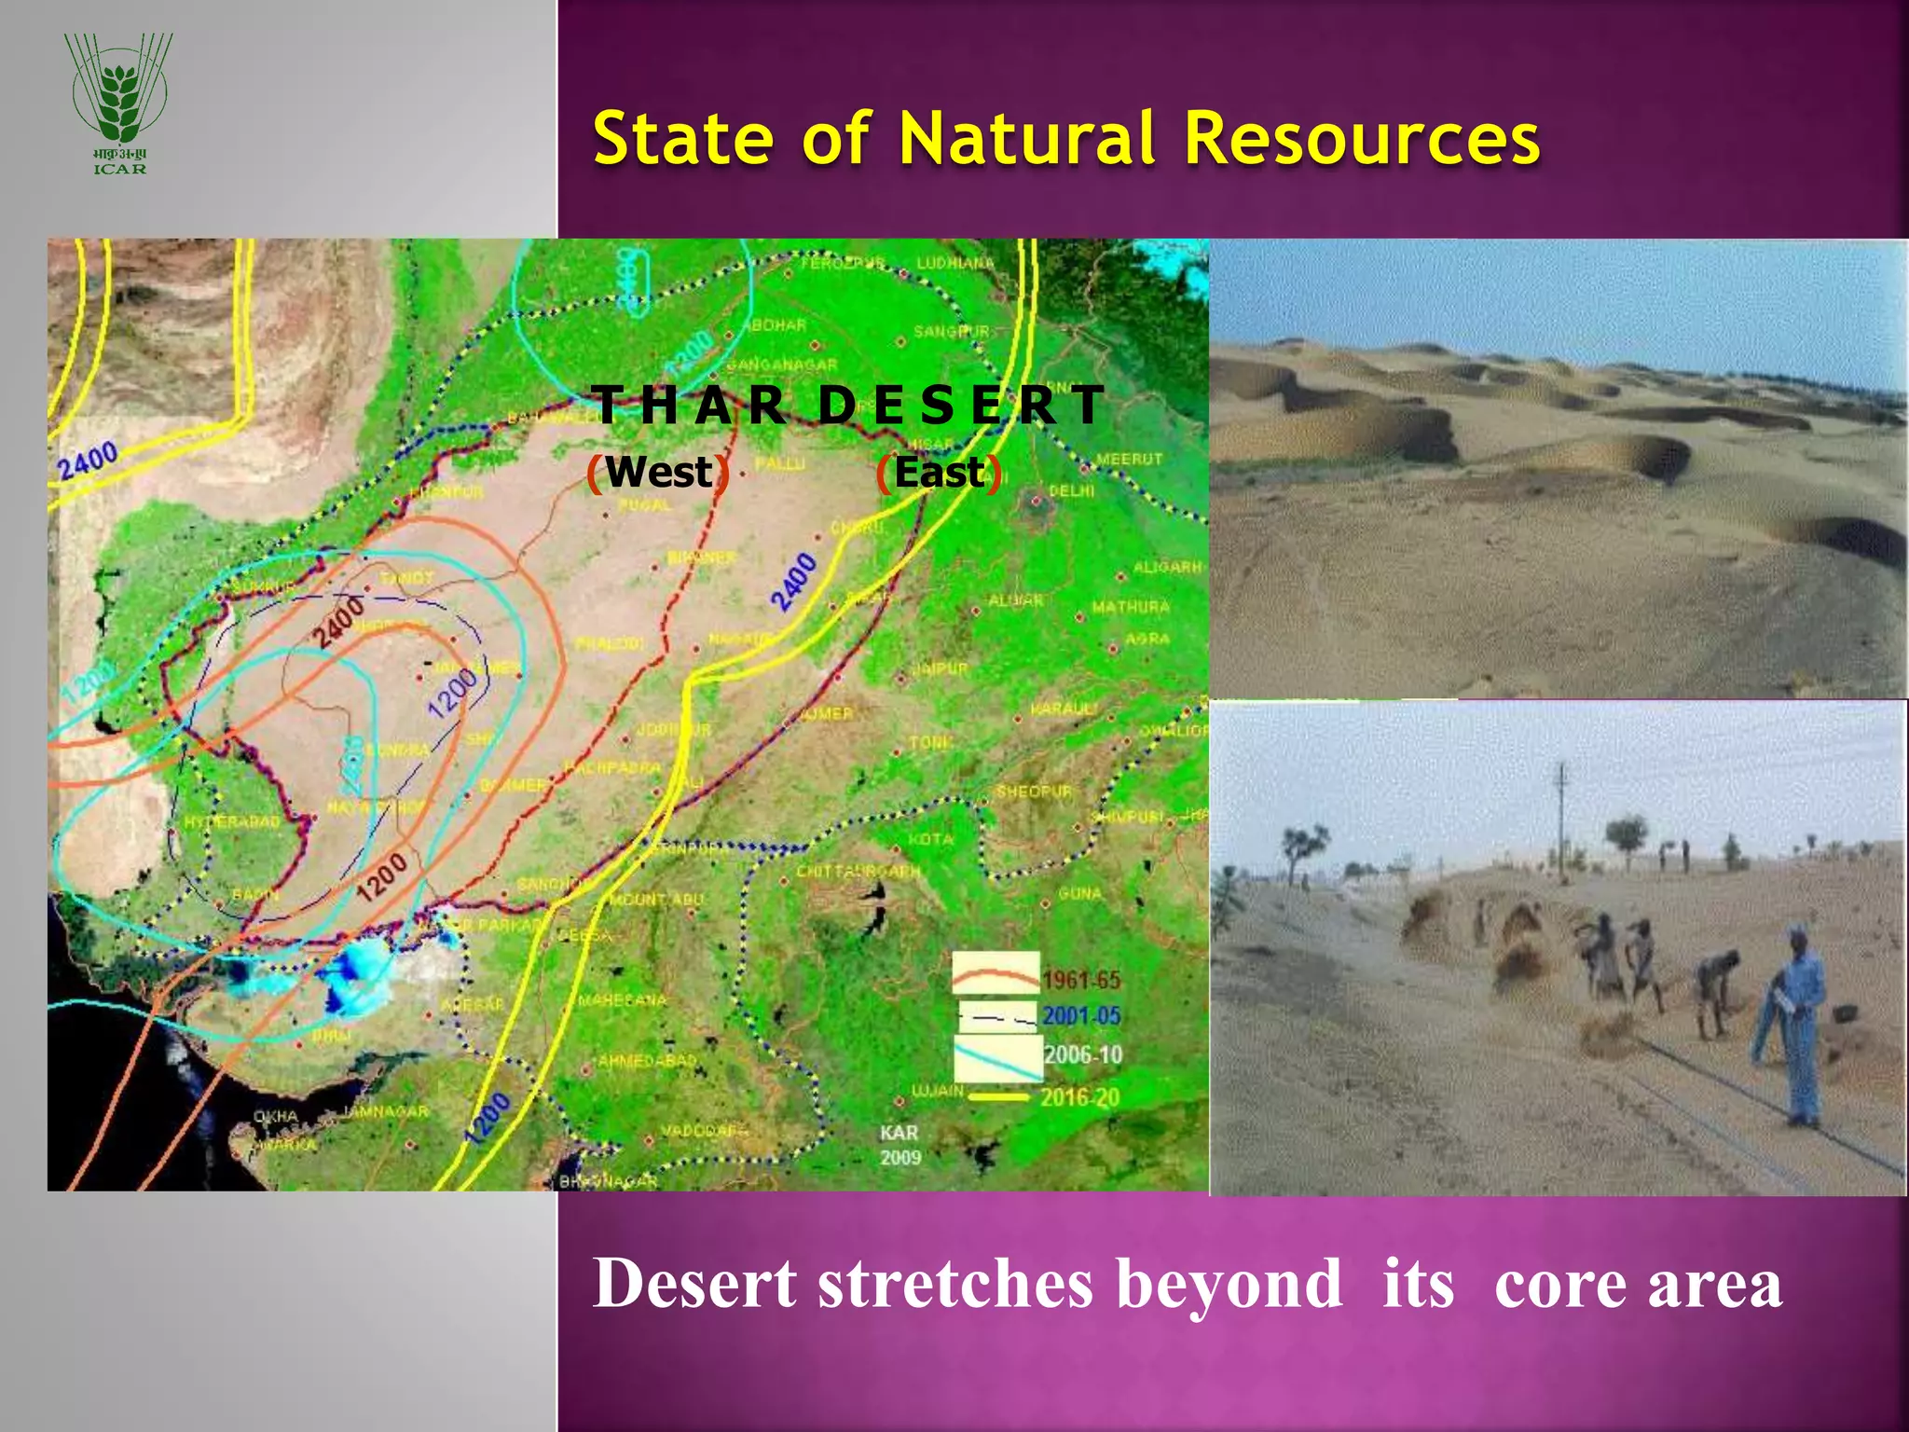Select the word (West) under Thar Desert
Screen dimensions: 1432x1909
(x=658, y=472)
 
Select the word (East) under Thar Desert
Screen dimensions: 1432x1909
(x=940, y=473)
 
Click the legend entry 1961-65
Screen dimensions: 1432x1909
(x=1080, y=980)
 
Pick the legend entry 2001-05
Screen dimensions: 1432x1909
(x=1080, y=1015)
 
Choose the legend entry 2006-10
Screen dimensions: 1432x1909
(x=1082, y=1054)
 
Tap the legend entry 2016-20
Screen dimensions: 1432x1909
(x=1080, y=1096)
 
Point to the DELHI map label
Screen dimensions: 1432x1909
(x=1071, y=490)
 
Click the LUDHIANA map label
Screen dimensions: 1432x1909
(x=955, y=264)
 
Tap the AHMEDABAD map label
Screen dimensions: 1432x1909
(x=647, y=1061)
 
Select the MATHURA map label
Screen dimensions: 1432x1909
(x=1130, y=607)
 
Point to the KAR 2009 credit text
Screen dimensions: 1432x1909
(x=900, y=1145)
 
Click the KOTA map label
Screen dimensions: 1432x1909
(x=930, y=839)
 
